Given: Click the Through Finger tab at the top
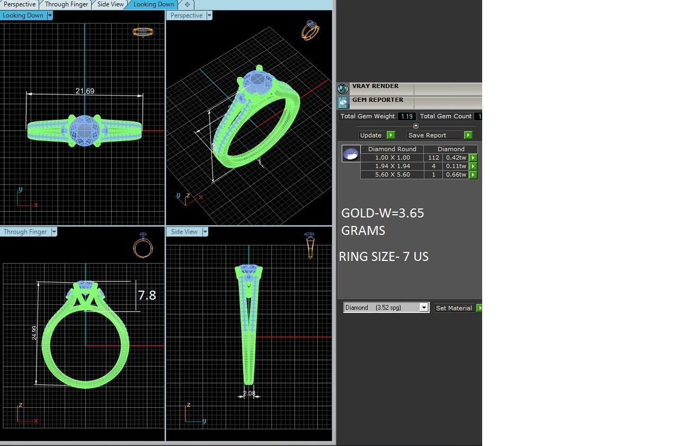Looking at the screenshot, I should [66, 4].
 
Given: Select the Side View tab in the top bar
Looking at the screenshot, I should [110, 4].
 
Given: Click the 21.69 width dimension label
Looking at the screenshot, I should [85, 91].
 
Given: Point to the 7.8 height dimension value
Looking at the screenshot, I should [147, 295].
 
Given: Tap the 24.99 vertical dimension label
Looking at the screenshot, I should [34, 333].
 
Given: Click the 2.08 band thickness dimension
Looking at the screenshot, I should [249, 393].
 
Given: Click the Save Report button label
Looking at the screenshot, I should [427, 135].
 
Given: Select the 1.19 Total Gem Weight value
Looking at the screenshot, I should [407, 116].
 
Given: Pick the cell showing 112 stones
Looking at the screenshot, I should [433, 158].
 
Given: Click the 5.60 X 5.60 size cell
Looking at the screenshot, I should [392, 174].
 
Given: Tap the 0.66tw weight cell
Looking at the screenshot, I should [456, 174].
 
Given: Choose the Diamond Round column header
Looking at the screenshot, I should [392, 149].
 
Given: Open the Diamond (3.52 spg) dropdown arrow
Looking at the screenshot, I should [423, 308].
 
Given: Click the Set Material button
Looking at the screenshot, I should [454, 308].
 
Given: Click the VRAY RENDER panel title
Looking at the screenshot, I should [375, 86].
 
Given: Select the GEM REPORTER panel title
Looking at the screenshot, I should [377, 100].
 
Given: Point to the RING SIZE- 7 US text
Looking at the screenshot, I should [384, 257].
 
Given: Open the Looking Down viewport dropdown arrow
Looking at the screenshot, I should [50, 15].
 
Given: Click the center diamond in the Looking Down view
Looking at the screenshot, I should [85, 128].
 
